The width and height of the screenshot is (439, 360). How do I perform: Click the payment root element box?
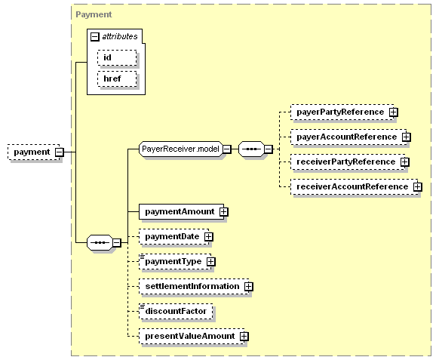point(34,152)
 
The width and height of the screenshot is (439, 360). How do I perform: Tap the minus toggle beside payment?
point(60,152)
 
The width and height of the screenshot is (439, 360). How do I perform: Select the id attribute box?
point(117,57)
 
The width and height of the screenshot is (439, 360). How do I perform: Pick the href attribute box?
point(117,78)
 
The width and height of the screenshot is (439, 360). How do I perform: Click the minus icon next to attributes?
point(95,37)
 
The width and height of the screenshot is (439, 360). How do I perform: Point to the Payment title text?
point(94,14)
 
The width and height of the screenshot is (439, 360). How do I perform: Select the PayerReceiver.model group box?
point(181,149)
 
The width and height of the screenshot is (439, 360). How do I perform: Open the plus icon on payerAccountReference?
point(406,137)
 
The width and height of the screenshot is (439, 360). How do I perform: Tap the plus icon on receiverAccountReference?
point(417,187)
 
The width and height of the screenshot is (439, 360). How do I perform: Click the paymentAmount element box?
point(181,212)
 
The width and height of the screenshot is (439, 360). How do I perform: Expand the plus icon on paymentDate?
point(209,237)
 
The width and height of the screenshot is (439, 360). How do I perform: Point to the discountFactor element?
point(176,311)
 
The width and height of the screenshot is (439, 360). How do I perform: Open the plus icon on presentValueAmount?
point(244,336)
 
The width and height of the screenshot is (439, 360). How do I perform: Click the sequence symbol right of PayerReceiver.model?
point(251,149)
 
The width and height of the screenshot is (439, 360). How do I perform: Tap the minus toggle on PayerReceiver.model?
point(227,149)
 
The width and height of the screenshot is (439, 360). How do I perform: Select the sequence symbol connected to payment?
point(100,242)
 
